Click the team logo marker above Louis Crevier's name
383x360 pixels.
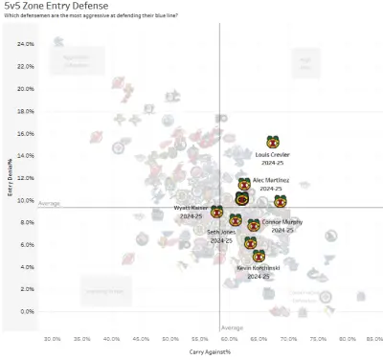pyautogui.click(x=272, y=142)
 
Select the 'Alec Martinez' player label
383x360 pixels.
pyautogui.click(x=271, y=180)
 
